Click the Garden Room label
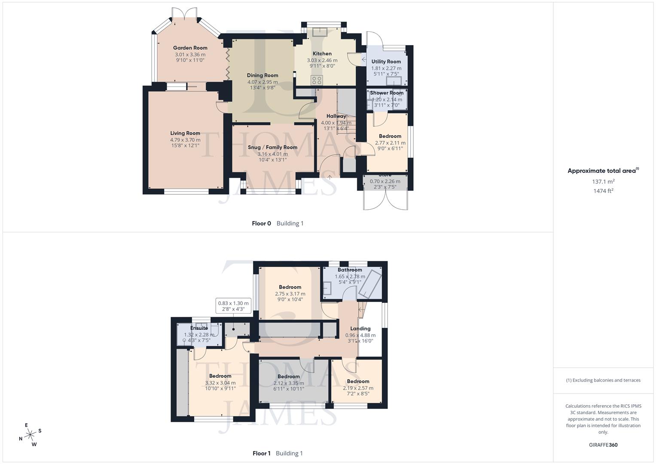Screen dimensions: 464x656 (x=190, y=48)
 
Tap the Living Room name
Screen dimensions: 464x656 (x=185, y=133)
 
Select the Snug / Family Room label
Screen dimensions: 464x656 (x=272, y=147)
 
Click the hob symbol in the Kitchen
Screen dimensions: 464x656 (x=317, y=80)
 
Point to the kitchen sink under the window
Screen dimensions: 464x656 (x=319, y=31)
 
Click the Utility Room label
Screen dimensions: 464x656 (x=386, y=62)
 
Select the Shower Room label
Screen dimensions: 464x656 (x=387, y=93)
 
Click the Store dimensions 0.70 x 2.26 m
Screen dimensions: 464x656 (x=385, y=181)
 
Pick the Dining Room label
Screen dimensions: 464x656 (x=262, y=76)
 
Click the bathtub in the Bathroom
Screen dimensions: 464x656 (x=369, y=282)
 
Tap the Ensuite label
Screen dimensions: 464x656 (x=199, y=328)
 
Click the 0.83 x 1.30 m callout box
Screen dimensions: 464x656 (x=233, y=306)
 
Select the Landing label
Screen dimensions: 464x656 (x=360, y=329)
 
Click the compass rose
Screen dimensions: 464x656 (x=30, y=435)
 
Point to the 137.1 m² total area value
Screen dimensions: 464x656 (x=603, y=182)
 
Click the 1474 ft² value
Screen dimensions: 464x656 (x=603, y=191)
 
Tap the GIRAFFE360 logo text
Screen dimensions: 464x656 (x=603, y=445)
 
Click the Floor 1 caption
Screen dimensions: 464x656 (x=261, y=453)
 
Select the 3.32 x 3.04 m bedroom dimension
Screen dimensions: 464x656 (x=220, y=383)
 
